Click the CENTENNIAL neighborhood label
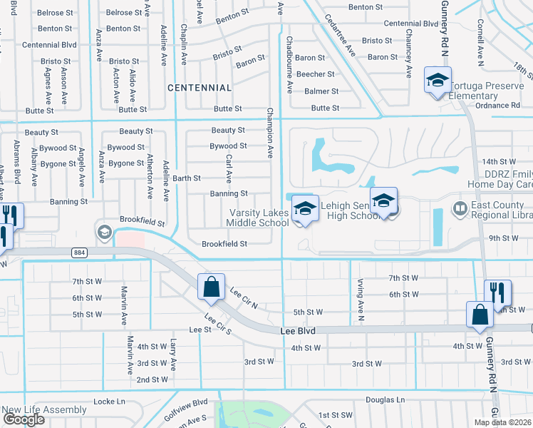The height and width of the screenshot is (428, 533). click(200, 88)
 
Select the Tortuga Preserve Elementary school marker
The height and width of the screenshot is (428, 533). click(437, 80)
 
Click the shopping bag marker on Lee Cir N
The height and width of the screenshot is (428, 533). click(212, 287)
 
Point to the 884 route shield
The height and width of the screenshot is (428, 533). click(78, 252)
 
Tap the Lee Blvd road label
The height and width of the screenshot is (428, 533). click(297, 330)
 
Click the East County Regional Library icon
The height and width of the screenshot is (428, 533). click(460, 210)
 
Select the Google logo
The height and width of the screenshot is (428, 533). click(24, 419)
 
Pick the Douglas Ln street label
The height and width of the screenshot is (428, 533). click(385, 400)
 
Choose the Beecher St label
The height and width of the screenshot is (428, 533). click(315, 74)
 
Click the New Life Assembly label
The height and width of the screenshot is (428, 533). click(44, 409)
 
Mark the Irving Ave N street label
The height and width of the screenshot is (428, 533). click(361, 300)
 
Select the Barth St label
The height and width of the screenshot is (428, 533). click(187, 178)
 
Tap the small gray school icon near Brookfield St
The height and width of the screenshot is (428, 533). click(104, 232)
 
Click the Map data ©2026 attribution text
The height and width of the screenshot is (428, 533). click(502, 422)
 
